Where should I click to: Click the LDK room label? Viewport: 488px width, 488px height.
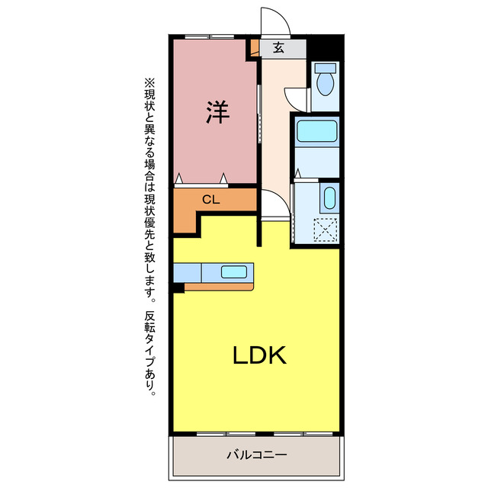coord(259,355)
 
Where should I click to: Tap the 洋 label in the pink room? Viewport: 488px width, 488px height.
coord(217,112)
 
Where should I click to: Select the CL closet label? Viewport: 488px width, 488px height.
coord(211,200)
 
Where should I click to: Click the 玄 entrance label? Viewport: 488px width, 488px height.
coord(278,47)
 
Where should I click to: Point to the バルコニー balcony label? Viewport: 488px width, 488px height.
coord(257,455)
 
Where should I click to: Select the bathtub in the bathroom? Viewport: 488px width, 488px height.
coord(317,131)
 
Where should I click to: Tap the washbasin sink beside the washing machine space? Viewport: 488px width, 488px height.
coord(329,197)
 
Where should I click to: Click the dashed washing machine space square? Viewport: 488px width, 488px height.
coord(326,230)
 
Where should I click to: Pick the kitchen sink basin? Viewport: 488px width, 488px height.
coord(234,272)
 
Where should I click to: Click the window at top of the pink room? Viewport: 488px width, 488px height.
coord(210,37)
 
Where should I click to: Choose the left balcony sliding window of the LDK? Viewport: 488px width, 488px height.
coord(226,434)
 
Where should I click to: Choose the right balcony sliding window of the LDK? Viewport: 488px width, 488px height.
coord(303,434)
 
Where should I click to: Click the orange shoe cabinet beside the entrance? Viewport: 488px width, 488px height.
coord(255,47)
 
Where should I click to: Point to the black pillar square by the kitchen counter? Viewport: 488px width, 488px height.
coord(178,288)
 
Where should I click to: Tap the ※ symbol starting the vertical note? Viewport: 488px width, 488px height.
coord(149,83)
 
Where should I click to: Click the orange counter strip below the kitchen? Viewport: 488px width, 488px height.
coord(219,287)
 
